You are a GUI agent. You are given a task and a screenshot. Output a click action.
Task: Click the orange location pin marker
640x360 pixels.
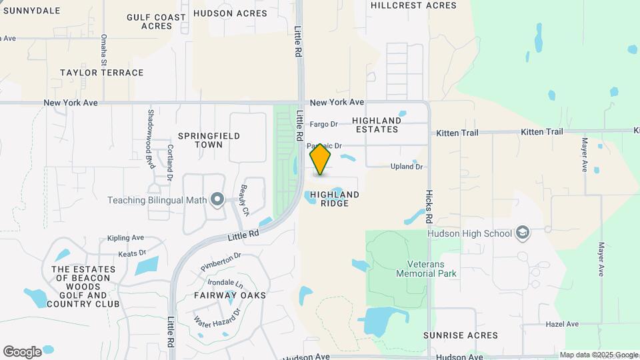[x=321, y=159]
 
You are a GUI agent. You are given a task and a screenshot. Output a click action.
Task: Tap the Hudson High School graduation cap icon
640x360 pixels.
[x=524, y=233]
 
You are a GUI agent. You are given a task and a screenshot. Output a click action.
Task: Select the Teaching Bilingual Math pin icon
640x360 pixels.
[x=217, y=199]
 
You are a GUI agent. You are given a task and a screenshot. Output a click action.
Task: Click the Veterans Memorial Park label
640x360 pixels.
[x=426, y=268]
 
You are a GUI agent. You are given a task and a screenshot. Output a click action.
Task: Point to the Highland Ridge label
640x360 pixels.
[x=335, y=199]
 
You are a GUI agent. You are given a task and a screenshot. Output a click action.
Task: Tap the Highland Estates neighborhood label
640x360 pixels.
[x=377, y=125]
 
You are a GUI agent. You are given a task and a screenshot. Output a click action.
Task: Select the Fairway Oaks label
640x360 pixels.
[x=230, y=295]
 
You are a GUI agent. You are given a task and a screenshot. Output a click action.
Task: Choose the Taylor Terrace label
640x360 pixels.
[x=101, y=73]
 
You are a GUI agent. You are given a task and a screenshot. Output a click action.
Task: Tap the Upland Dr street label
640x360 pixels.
[x=407, y=167]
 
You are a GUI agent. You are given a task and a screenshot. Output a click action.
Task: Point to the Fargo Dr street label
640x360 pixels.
[x=325, y=124]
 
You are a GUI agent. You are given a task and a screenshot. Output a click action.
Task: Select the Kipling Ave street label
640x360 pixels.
[x=125, y=238]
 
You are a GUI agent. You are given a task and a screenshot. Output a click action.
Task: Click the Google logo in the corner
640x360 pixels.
[x=22, y=351]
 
